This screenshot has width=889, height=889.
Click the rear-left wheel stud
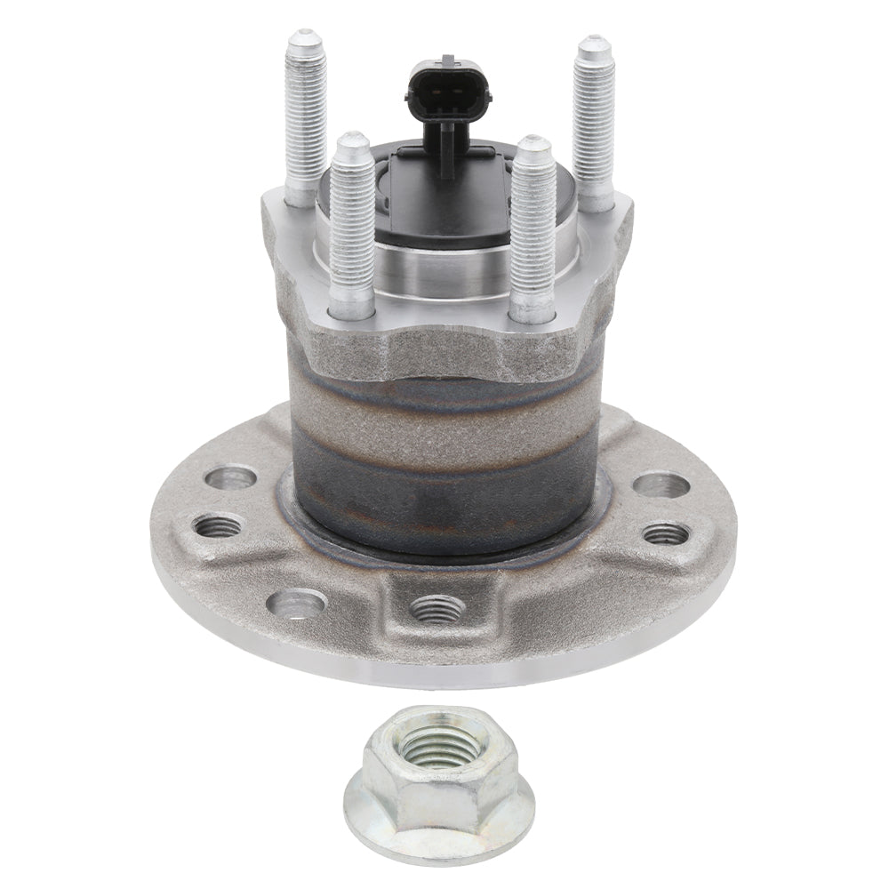coord(305,116)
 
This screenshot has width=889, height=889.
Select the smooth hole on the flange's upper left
coord(230,477)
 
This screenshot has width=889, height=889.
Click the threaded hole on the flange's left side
coord(219,525)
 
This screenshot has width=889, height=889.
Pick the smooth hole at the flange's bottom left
coord(296,605)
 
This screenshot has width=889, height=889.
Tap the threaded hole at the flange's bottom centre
coord(437,608)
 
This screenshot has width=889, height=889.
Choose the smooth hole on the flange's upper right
coord(662,485)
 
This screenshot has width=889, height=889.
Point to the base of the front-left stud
coord(352,305)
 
